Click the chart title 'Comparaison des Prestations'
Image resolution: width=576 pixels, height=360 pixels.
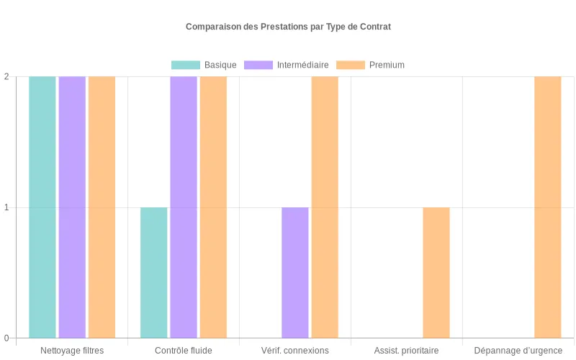tap(288, 27)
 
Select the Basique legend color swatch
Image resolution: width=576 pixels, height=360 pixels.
tap(185, 65)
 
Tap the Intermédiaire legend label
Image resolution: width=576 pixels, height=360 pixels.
tap(302, 65)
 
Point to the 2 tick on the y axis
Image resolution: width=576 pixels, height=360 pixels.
tap(6, 77)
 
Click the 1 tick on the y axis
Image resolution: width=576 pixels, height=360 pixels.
tap(6, 207)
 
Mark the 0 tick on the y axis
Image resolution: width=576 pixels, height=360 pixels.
tap(6, 338)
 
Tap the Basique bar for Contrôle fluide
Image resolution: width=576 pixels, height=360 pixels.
tap(154, 273)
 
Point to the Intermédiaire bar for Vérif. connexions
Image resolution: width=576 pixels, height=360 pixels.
tap(295, 273)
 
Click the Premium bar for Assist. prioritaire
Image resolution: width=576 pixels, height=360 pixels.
tap(436, 273)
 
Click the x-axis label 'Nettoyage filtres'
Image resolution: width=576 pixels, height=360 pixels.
tap(72, 351)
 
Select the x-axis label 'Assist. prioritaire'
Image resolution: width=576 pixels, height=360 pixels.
tap(406, 351)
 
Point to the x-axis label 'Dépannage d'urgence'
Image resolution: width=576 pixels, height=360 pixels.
tap(518, 351)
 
